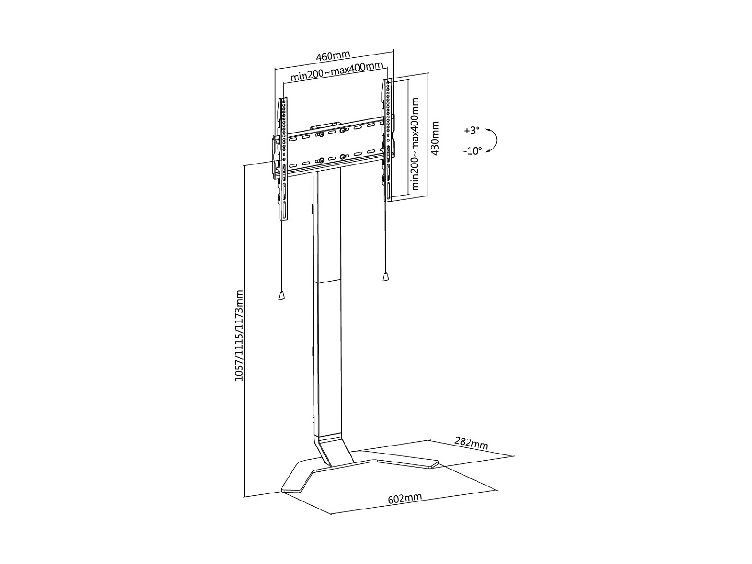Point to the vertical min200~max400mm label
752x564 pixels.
tap(415, 144)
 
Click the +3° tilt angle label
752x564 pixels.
tap(472, 131)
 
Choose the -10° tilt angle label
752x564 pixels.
tap(472, 151)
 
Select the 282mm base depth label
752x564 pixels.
tap(471, 444)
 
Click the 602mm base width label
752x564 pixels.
tap(405, 499)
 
